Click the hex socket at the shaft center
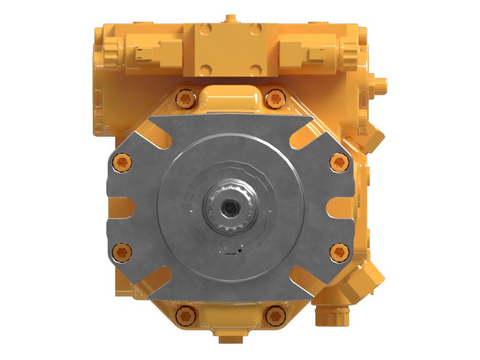230,206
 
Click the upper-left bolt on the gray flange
122,160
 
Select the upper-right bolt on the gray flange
338,160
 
